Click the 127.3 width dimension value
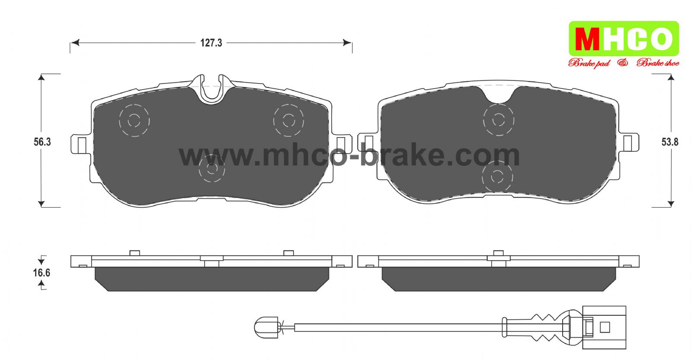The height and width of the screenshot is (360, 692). click(211, 43)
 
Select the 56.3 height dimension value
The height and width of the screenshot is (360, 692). click(42, 142)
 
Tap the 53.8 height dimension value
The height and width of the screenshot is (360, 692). click(670, 142)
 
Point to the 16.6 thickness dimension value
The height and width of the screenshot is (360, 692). click(42, 273)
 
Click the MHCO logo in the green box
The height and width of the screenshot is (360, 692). click(624, 39)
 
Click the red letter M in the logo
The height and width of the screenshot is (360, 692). click(587, 39)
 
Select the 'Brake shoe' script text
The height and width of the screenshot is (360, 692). click(658, 63)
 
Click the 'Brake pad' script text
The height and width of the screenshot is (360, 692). click(589, 63)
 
